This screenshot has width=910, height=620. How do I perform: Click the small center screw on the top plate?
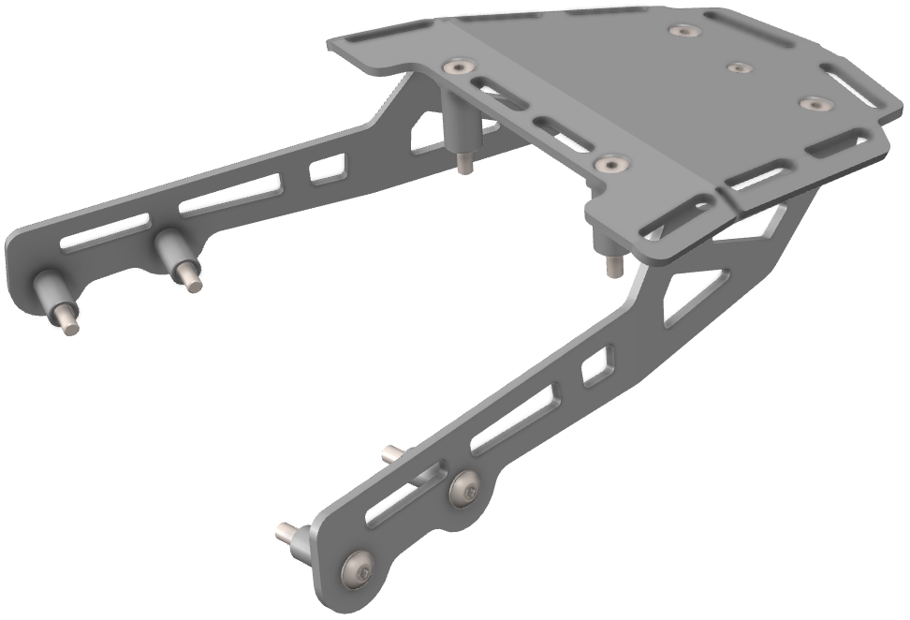(739, 67)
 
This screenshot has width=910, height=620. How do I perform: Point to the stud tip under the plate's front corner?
(612, 269)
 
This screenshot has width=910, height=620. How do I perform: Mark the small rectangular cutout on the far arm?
(327, 170)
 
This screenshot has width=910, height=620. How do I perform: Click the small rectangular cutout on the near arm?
(595, 365)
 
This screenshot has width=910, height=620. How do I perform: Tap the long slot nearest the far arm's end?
(103, 230)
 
